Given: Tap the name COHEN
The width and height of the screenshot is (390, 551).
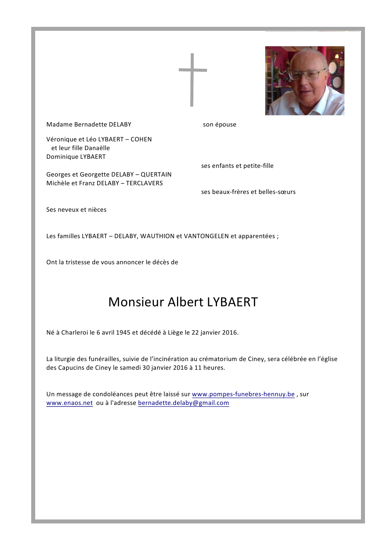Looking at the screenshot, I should (141, 139).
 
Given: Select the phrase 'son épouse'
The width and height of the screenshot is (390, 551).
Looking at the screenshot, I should (219, 124).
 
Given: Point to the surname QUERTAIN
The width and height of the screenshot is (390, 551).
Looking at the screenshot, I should (156, 174).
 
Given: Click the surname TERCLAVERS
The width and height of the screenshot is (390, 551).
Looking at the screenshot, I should (144, 183).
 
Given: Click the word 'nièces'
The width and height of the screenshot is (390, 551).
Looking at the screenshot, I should (97, 210).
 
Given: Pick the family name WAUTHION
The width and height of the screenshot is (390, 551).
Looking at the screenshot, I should (157, 236).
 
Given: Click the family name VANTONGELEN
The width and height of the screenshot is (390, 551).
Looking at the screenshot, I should (206, 236).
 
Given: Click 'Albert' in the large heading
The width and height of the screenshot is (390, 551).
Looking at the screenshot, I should (185, 302).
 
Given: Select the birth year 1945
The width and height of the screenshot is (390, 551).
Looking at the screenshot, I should (123, 332).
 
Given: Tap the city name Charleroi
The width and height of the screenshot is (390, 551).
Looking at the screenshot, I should (74, 332).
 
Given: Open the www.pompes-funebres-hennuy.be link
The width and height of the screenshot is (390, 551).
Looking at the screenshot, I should (243, 394).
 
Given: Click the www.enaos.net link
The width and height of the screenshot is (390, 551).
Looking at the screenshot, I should (70, 403).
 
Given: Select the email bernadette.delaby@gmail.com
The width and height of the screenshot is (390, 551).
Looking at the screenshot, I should (184, 403).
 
